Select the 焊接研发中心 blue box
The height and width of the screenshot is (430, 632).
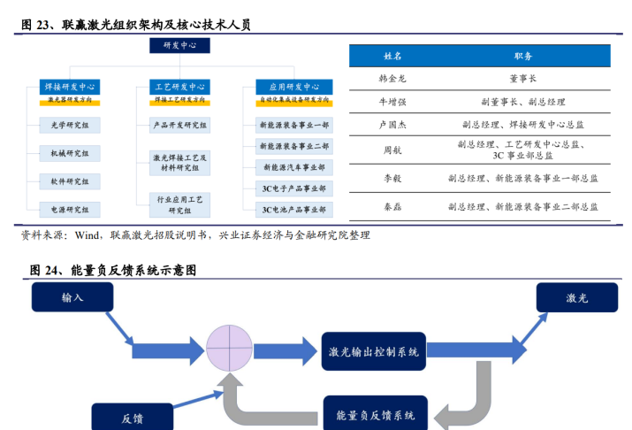[x=70, y=87]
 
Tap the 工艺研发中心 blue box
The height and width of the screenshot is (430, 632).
[x=179, y=87]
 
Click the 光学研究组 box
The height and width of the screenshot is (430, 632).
[x=70, y=126]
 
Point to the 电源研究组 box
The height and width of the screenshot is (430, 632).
[x=70, y=210]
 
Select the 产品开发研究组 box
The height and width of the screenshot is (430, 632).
[x=179, y=126]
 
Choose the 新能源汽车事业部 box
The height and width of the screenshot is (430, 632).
[x=294, y=167]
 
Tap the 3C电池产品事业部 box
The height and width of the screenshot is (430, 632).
[x=294, y=210]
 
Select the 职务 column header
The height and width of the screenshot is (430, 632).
[x=522, y=56]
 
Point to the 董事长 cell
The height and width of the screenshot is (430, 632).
[x=522, y=79]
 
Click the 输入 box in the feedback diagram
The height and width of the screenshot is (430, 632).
[x=72, y=297]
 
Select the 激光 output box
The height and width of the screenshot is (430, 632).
[x=576, y=297]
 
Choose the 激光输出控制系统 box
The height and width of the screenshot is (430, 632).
[x=374, y=352]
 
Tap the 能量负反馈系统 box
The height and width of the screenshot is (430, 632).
[x=376, y=414]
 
